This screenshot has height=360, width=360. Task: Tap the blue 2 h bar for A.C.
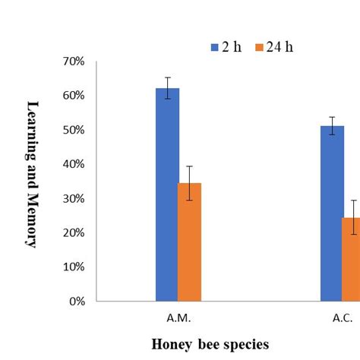332,213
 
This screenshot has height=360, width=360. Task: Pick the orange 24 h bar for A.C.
351,259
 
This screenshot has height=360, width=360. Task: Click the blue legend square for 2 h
213,48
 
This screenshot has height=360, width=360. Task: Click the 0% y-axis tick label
81,302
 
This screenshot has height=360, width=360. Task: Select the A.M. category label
178,318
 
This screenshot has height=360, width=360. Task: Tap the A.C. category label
343,318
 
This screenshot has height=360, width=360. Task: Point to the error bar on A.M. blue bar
168,88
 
